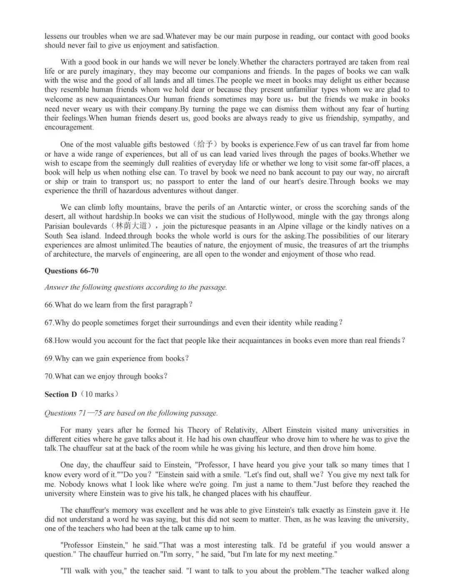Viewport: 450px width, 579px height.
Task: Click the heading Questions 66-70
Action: point(71,271)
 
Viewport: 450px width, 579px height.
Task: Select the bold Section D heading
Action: point(61,394)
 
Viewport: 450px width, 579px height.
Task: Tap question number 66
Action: point(49,305)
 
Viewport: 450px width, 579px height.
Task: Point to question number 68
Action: point(49,341)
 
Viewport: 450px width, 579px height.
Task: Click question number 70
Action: point(49,376)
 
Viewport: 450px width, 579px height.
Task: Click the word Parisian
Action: point(58,226)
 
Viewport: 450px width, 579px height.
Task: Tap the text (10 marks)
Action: point(100,394)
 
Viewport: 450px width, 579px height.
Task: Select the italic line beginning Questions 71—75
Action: point(131,413)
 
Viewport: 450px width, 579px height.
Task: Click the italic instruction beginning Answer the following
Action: point(136,287)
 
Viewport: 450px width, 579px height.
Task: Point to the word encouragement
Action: point(69,128)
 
